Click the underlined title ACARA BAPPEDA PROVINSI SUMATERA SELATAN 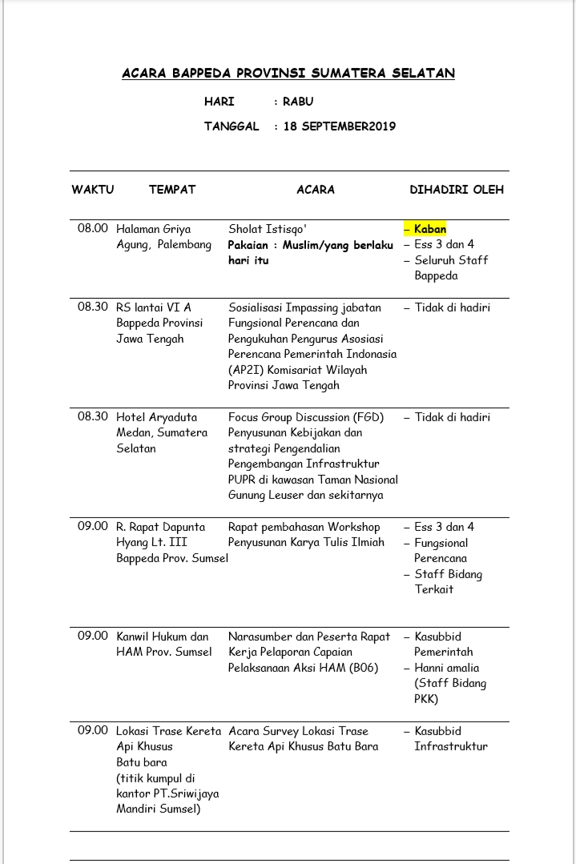(x=288, y=74)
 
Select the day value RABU (x=298, y=102)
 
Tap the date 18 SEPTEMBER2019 (x=340, y=127)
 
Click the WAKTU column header (x=93, y=190)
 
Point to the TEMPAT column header (x=172, y=190)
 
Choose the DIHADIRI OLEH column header (x=457, y=190)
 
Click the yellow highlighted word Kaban (x=430, y=229)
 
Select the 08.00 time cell (x=93, y=229)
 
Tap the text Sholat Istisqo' (x=268, y=229)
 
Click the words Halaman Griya (x=154, y=229)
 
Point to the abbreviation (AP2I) (x=248, y=370)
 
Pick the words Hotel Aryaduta (x=157, y=417)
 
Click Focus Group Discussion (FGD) (x=306, y=417)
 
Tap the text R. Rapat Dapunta (x=161, y=527)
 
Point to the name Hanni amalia (x=447, y=668)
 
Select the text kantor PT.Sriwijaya (x=168, y=794)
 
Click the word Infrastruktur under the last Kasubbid (x=451, y=746)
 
